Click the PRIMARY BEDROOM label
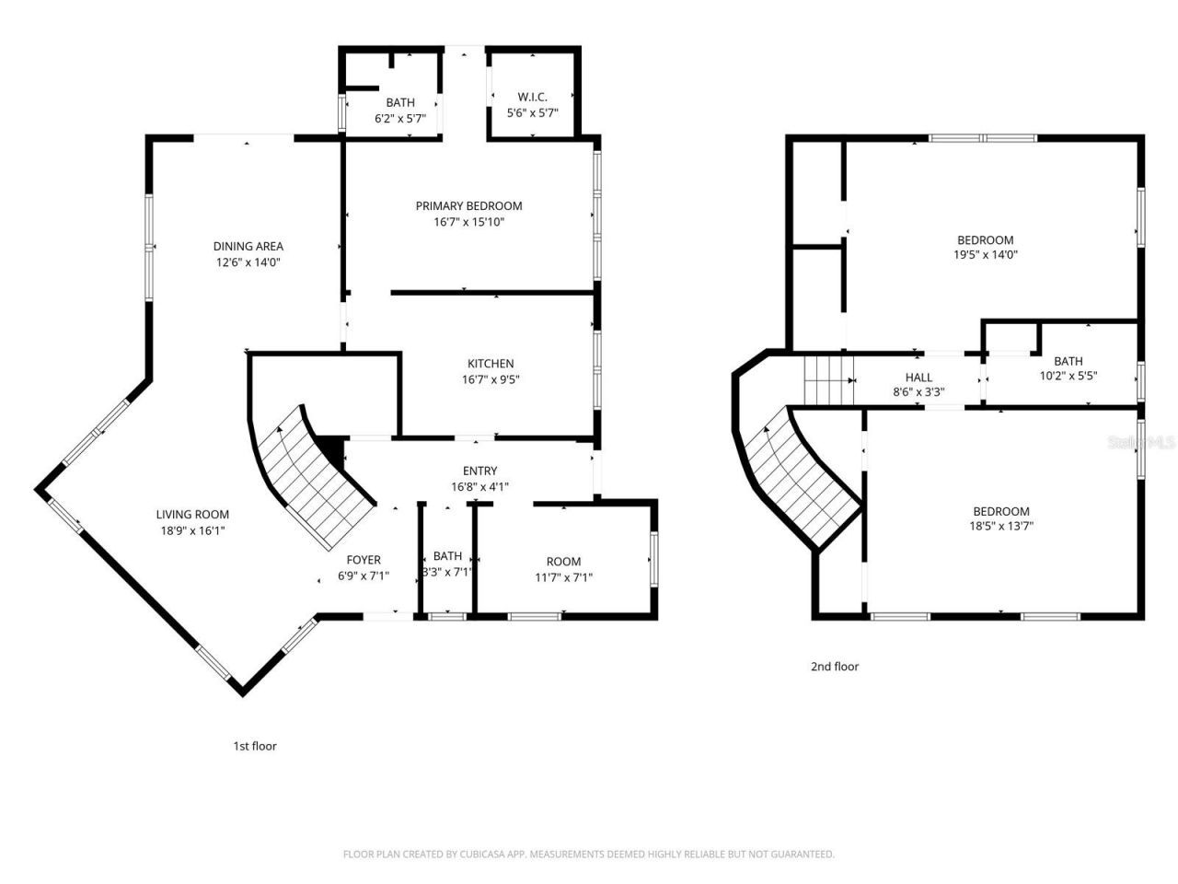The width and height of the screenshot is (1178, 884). click(468, 205)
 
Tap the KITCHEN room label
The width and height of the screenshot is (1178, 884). click(490, 364)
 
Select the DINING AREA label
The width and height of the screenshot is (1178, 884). click(248, 246)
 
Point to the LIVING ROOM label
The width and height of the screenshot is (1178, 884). click(192, 515)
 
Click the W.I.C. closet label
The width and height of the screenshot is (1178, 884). click(532, 97)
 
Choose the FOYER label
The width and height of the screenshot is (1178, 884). click(363, 560)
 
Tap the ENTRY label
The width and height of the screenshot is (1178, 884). click(479, 471)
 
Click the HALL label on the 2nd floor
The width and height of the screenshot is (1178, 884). click(918, 378)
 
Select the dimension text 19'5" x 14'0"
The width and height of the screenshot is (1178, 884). click(985, 255)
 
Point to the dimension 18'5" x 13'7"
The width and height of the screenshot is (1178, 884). click(1001, 527)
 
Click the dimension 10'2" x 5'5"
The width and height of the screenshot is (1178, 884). click(1068, 376)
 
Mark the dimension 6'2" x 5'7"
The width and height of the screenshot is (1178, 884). click(399, 118)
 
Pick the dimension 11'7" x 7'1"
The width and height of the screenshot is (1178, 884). click(563, 577)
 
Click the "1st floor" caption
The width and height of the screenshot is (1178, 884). click(254, 746)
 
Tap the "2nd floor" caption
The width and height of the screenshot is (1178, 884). click(834, 667)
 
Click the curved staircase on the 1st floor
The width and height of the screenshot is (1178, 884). click(313, 479)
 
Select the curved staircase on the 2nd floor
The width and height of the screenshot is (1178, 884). click(799, 479)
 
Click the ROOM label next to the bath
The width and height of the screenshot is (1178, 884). click(563, 562)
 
